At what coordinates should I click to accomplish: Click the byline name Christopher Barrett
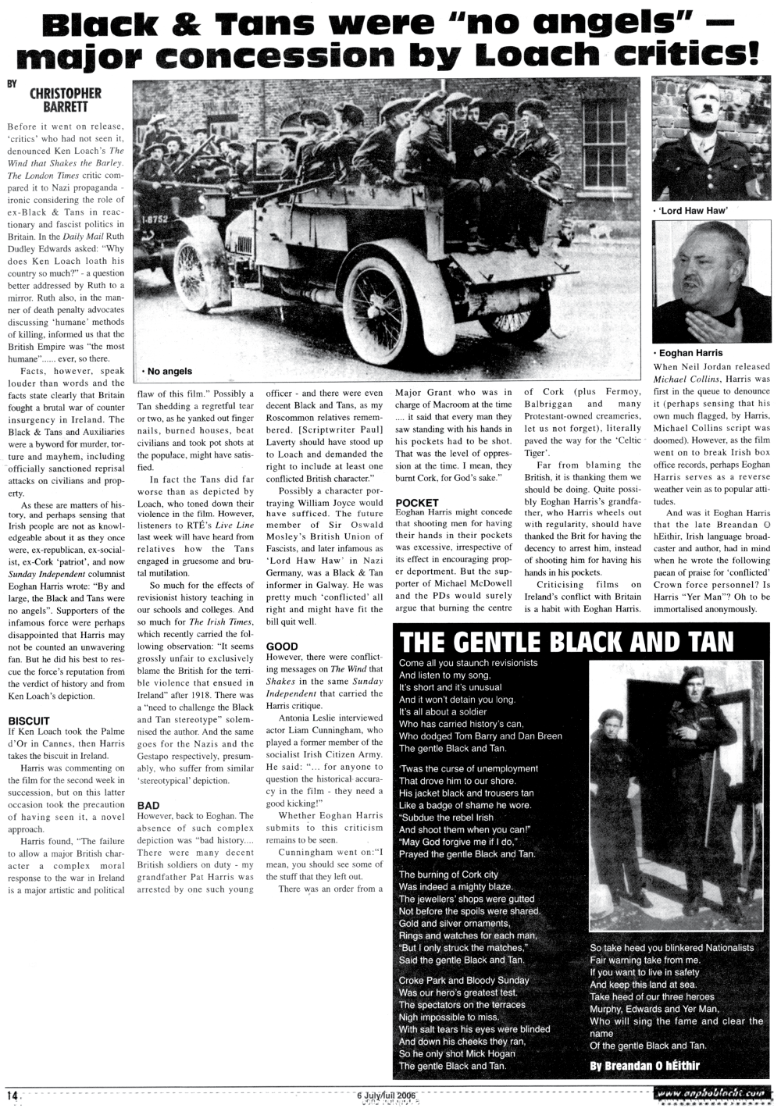point(65,99)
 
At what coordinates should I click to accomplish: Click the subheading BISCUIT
point(29,720)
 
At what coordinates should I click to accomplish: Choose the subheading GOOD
point(282,647)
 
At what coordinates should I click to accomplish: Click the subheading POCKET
point(418,502)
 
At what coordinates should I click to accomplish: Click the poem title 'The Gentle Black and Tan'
point(566,642)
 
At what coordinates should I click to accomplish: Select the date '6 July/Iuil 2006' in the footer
point(386,1095)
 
